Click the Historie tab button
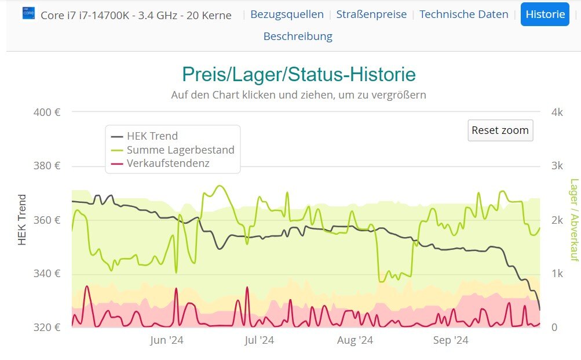point(545,14)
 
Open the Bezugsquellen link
point(286,14)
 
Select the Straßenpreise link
point(371,14)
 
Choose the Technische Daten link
point(463,14)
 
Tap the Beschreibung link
point(298,37)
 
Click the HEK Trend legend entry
point(152,136)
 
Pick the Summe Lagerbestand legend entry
point(180,150)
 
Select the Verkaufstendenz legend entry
point(168,163)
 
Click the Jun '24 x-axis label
point(166,340)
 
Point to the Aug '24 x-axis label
point(355,340)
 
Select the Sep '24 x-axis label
point(451,340)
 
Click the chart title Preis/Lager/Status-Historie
point(298,75)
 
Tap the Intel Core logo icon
point(28,13)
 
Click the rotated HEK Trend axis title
point(23,220)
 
